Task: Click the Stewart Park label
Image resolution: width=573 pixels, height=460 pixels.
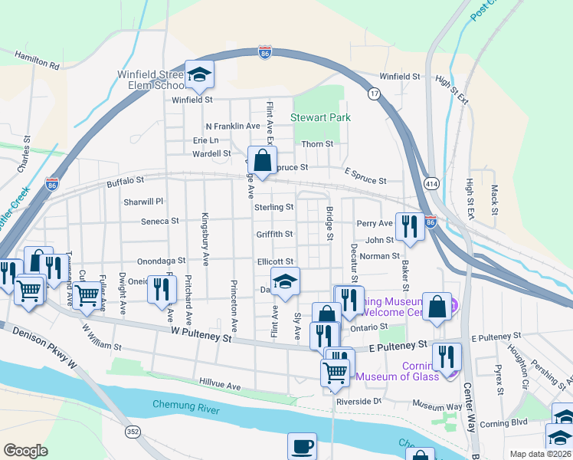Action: click(x=320, y=117)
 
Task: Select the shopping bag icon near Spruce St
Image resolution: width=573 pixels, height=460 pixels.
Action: click(x=262, y=162)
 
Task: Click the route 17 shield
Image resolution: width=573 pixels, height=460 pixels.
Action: click(x=374, y=94)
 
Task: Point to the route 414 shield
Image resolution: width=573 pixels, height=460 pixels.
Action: click(x=431, y=184)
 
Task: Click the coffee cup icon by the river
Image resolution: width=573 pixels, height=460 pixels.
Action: click(x=302, y=446)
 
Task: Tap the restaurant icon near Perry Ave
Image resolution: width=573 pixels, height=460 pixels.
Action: click(x=410, y=227)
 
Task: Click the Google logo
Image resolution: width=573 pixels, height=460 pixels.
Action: click(x=25, y=451)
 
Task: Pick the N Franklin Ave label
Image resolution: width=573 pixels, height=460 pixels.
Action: click(x=233, y=126)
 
